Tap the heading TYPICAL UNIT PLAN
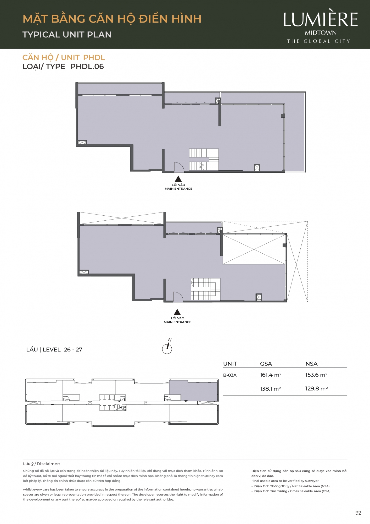67,35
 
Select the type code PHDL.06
87,67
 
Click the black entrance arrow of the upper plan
178,179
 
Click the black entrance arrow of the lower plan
177,312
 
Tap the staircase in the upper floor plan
204,160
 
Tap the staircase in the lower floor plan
205,289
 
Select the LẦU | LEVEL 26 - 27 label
54,350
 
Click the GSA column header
266,364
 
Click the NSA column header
311,364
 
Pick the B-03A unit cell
230,375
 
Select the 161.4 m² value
271,375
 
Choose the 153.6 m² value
316,375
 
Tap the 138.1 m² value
270,389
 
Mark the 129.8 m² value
316,389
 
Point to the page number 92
358,513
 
